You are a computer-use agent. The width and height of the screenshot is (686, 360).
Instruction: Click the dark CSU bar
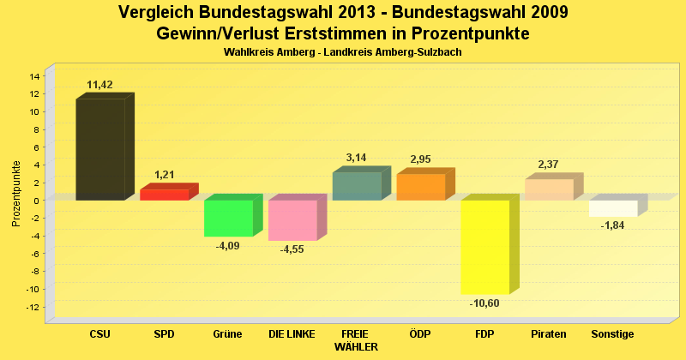coord(100,150)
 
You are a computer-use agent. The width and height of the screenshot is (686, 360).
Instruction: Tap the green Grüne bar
coord(228,218)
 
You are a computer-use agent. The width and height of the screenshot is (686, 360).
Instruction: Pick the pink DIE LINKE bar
coord(292,220)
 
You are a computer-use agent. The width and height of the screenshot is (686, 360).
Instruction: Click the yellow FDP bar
coord(485,247)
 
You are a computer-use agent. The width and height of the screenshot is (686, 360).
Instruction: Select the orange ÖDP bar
coord(420,187)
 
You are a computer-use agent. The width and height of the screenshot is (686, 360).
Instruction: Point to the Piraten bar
coord(549,189)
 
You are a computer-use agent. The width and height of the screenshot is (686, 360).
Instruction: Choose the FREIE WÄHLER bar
coord(356,186)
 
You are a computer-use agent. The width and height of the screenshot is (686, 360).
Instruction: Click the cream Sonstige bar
coord(613,208)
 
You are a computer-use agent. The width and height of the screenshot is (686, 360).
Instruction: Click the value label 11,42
coord(100,84)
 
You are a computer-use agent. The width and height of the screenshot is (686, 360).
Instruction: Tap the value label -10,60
coord(484,303)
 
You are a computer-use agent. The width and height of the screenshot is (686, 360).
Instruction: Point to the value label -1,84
coord(612,225)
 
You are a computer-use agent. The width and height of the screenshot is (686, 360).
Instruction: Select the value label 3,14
coord(356,158)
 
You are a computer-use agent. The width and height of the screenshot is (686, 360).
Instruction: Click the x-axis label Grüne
coord(228,333)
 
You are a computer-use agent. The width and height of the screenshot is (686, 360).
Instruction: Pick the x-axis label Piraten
coord(549,333)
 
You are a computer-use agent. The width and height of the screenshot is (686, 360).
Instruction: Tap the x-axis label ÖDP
coord(420,333)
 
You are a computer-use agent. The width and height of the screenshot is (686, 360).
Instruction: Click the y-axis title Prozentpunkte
coord(16,194)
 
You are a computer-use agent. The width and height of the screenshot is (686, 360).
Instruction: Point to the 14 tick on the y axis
coord(35,76)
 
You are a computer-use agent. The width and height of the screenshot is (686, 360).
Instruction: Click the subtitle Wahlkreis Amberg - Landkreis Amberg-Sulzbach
coord(343,52)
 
